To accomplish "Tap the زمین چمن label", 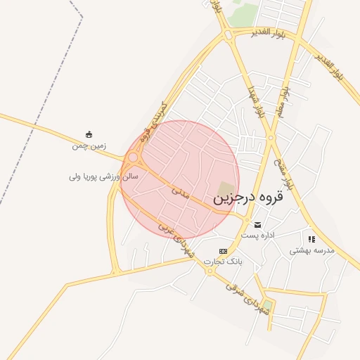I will tap(88, 146).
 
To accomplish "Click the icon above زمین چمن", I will tap(89, 134).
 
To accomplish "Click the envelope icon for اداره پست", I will tap(258, 225).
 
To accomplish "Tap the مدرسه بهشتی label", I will tap(311, 250).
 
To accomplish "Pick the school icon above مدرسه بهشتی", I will tap(311, 239).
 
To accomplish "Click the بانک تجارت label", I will tap(223, 261).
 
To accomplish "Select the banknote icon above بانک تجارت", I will tap(223, 251).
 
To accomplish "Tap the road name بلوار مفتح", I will tap(279, 167).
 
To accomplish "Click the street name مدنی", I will tap(181, 192).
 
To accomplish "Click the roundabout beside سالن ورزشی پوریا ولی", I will tap(133, 157).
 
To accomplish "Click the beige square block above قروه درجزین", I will tap(224, 188).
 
